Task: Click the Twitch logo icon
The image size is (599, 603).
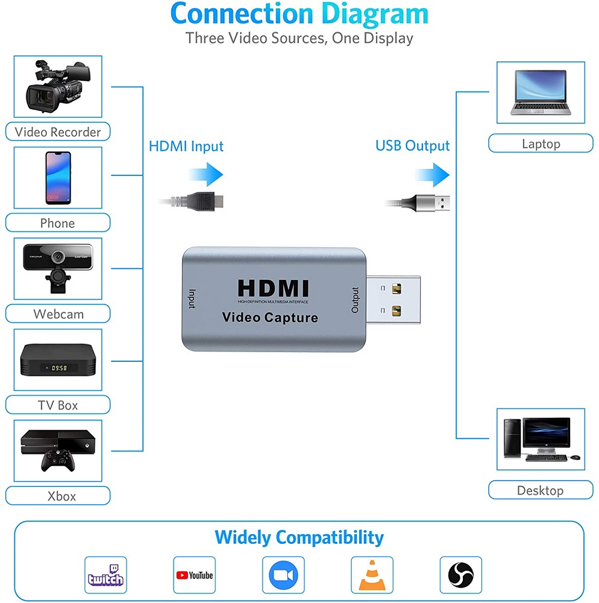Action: click(x=106, y=575)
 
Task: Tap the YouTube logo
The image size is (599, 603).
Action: click(x=195, y=575)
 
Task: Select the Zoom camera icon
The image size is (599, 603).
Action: click(x=283, y=575)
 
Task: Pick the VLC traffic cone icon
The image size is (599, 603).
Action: click(x=372, y=575)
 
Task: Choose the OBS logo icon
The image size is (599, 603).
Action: click(x=461, y=575)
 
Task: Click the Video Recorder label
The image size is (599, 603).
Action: click(x=58, y=132)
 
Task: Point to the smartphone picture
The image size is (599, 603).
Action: click(x=58, y=177)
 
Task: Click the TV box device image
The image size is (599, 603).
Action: click(x=58, y=360)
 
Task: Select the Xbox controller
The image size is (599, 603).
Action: click(x=58, y=460)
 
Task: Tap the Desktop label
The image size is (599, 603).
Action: click(x=540, y=490)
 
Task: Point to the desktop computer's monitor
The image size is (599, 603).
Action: click(x=545, y=432)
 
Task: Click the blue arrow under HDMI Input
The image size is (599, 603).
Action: click(x=209, y=175)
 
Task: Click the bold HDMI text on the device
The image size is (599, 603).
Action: click(x=273, y=288)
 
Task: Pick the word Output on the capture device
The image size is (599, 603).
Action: click(x=355, y=300)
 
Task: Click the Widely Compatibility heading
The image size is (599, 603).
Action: click(x=299, y=537)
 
